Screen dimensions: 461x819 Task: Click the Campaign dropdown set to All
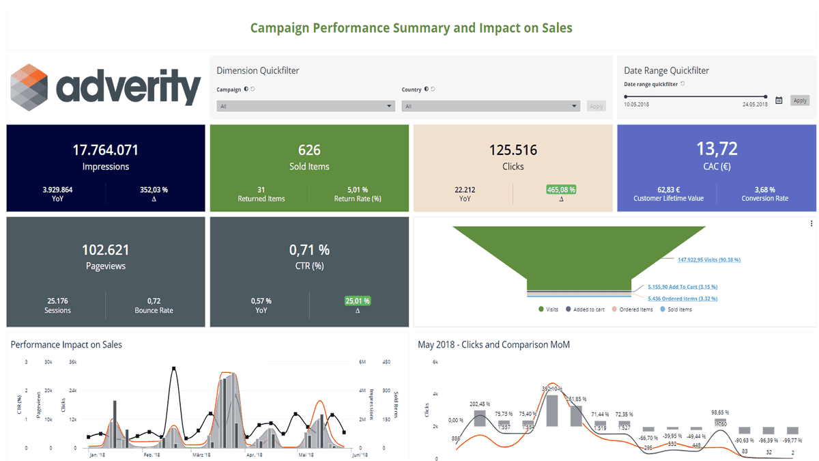point(305,107)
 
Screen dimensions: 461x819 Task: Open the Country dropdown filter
point(490,107)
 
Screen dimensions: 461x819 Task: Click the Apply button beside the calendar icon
point(800,100)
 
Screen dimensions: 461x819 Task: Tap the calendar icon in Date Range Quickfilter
point(779,100)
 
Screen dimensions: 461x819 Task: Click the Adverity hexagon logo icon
point(29,86)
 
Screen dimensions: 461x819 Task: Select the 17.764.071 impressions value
point(106,150)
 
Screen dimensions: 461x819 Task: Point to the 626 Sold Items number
point(309,150)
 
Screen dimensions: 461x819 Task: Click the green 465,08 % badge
point(561,190)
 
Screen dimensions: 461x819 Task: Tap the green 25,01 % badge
point(358,301)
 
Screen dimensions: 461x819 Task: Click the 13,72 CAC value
point(716,149)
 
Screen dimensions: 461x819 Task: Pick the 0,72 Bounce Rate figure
point(154,301)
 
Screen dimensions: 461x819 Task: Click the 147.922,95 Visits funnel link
point(708,260)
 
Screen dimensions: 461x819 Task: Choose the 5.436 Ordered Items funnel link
point(682,298)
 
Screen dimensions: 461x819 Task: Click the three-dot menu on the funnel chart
point(811,223)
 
